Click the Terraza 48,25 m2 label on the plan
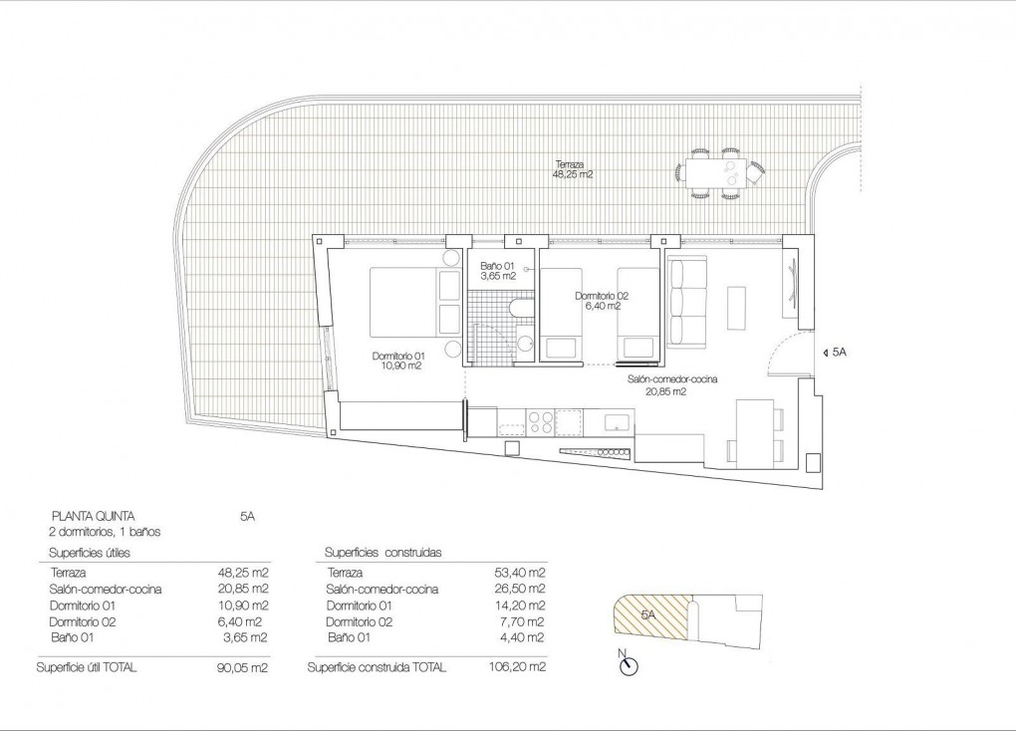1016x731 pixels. [573, 168]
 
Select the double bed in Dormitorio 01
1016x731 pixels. [408, 302]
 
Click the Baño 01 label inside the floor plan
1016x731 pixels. [497, 271]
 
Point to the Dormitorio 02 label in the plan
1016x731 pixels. [602, 301]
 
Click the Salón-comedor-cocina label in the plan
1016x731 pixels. [672, 385]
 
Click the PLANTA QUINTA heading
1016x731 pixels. [92, 516]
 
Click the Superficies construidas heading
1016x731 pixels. [383, 552]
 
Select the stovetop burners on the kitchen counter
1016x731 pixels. [541, 422]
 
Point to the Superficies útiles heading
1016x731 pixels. [90, 552]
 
